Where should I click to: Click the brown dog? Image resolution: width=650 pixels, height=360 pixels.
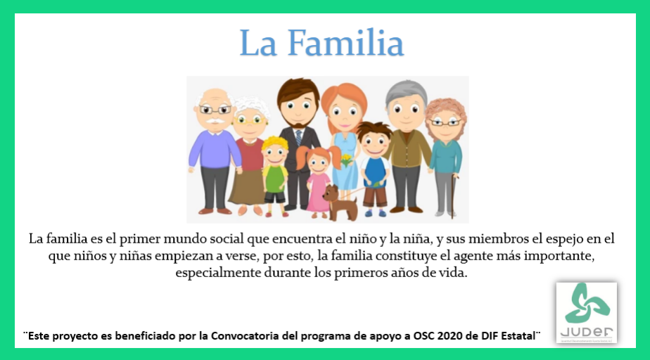pos(340,202)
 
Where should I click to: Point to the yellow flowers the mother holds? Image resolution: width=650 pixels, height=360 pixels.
pos(346,160)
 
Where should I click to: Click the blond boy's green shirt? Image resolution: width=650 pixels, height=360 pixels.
pos(274,176)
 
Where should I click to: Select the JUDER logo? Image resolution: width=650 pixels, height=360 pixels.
pos(586,313)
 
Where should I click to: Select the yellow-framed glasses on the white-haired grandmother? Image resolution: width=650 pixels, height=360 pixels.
pos(250,120)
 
